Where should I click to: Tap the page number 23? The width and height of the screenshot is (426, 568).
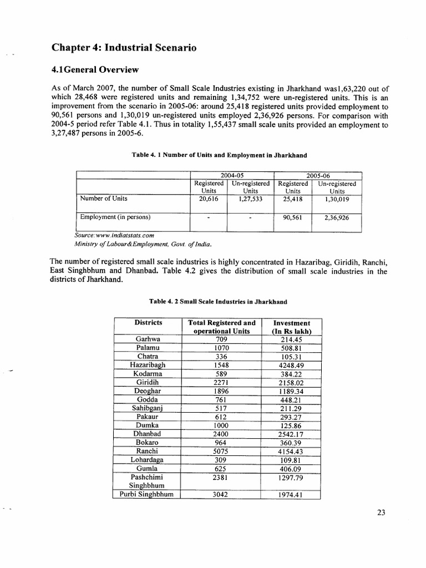point(380,513)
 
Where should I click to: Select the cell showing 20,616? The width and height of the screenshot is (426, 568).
point(209,199)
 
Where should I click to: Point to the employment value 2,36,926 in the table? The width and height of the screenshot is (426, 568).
point(337,218)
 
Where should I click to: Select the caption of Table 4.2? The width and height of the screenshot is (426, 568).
point(217,301)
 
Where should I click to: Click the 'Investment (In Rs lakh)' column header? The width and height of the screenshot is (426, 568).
point(291,327)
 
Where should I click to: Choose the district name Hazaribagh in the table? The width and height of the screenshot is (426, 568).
point(148,366)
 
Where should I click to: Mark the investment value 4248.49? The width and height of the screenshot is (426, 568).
point(291,366)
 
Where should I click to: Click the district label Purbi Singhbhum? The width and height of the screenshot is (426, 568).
point(148,495)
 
